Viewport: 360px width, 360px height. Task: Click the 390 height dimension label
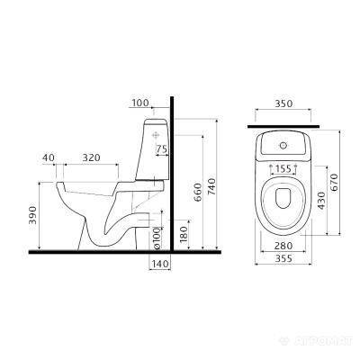click(x=32, y=215)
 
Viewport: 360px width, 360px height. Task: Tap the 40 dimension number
click(x=49, y=157)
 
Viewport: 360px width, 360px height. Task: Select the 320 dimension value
click(x=91, y=157)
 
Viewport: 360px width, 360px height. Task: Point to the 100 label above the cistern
click(x=140, y=103)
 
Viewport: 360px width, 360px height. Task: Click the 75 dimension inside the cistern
click(x=162, y=149)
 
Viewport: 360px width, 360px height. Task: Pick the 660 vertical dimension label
click(x=198, y=193)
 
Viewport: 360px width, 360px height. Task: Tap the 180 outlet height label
click(x=184, y=234)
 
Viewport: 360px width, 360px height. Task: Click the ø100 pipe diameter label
click(x=157, y=238)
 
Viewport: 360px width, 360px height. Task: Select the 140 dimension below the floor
click(x=160, y=265)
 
